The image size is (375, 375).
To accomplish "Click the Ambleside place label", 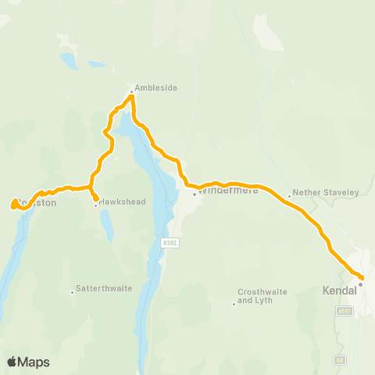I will [156, 88].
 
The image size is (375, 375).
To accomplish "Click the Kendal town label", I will [339, 290].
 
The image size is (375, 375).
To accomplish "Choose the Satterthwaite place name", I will [105, 288].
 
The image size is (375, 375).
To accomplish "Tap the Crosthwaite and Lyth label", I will [262, 296].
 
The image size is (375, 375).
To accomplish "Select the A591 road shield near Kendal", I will [345, 311].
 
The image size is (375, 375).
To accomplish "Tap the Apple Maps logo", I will [28, 362].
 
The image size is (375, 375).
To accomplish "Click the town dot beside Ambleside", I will [131, 92].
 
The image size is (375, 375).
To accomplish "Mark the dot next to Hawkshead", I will [96, 205].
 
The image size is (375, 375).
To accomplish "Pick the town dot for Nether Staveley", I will [289, 196].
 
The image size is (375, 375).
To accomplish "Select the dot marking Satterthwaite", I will [73, 292].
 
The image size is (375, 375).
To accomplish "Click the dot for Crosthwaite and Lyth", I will [234, 304].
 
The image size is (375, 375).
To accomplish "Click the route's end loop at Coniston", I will [14, 205].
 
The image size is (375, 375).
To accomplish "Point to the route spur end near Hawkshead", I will [95, 198].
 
